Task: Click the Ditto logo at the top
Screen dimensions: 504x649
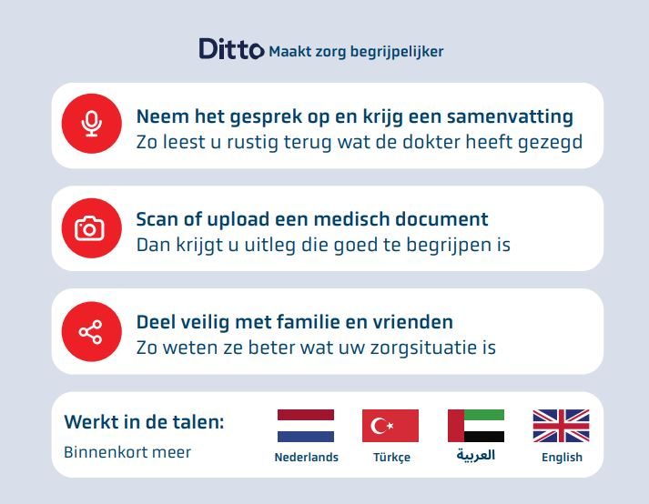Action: click(x=231, y=49)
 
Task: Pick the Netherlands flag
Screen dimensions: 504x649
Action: click(x=306, y=425)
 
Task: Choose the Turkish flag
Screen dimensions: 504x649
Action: click(x=390, y=425)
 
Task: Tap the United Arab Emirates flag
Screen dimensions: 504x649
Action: click(x=476, y=425)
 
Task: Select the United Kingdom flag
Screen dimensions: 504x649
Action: click(x=561, y=425)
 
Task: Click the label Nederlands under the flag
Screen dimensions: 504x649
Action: click(x=306, y=458)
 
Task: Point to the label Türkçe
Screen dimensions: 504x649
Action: click(x=391, y=458)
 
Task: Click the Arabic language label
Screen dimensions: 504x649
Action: click(x=476, y=456)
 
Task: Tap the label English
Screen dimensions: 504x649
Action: click(x=562, y=458)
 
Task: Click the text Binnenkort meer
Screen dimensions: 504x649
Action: click(x=127, y=452)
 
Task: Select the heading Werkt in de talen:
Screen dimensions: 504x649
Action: click(x=144, y=423)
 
